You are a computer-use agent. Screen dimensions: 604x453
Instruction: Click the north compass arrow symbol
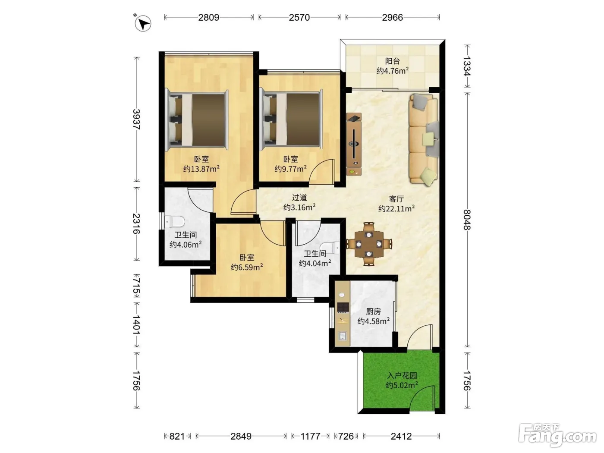(143, 23)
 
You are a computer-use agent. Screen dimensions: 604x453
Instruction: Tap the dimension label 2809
(209, 18)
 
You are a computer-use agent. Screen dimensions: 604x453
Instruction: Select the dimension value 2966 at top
(393, 18)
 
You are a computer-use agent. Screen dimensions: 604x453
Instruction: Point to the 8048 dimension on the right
(467, 220)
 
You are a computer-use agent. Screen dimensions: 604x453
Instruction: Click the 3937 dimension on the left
(137, 120)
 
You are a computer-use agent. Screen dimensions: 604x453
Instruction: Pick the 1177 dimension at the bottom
(310, 437)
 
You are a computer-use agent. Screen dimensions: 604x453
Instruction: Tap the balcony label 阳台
(393, 61)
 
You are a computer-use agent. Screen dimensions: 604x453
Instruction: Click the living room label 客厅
(396, 198)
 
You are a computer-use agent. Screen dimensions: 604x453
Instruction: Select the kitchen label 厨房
(374, 311)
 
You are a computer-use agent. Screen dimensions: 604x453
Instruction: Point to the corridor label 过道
(299, 197)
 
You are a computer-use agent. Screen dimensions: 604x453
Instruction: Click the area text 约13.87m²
(201, 169)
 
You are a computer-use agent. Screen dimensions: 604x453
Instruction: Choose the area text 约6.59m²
(247, 267)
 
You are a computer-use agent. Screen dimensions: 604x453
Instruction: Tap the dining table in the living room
(369, 244)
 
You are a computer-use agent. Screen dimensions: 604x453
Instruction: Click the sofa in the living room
(423, 139)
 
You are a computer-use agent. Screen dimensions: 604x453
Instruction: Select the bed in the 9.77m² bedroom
(291, 119)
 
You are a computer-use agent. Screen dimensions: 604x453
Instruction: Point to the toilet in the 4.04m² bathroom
(330, 248)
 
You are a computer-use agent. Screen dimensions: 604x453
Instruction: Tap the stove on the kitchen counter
(343, 308)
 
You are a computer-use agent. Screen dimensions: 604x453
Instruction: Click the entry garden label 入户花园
(402, 375)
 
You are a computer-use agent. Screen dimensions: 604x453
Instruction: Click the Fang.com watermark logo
(557, 436)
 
